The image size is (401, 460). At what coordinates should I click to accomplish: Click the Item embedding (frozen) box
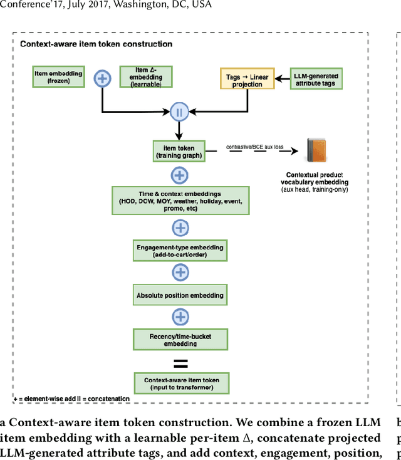(x=58, y=77)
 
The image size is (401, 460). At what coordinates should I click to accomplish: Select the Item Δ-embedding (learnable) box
(x=145, y=77)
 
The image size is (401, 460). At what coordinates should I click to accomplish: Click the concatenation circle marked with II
(x=179, y=113)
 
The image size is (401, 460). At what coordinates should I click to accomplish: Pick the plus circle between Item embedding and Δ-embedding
(x=102, y=78)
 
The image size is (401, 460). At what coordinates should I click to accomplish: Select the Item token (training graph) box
(x=179, y=151)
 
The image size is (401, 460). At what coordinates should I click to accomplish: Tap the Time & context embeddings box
(x=180, y=200)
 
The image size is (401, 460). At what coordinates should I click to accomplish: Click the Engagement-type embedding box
(x=180, y=251)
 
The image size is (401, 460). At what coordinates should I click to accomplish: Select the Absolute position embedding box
(x=180, y=295)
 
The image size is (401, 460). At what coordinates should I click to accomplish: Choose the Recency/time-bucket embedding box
(x=180, y=340)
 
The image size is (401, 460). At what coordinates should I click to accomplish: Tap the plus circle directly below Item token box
(x=180, y=175)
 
